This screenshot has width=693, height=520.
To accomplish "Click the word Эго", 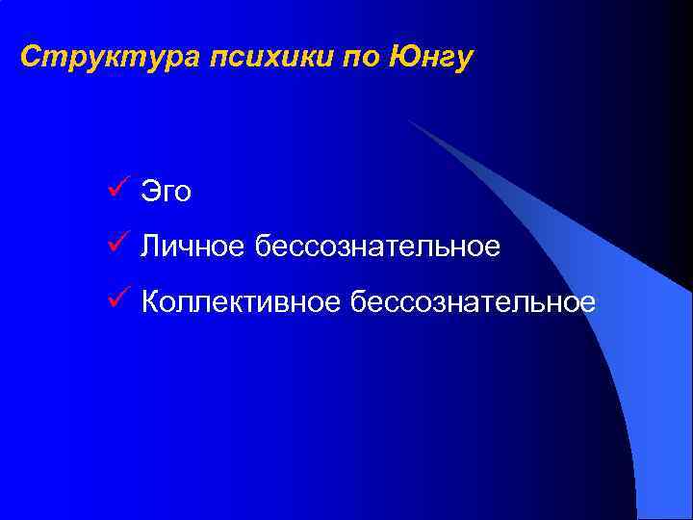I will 167,193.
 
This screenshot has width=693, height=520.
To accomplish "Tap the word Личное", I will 193,247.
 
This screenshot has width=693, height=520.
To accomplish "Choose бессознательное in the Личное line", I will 377,247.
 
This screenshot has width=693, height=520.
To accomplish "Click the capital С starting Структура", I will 31,57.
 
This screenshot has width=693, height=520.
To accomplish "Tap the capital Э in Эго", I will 150,192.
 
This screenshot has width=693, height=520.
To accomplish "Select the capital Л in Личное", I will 150,247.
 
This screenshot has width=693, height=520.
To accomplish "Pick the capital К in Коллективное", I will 151,302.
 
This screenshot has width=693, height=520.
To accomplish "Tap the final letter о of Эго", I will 183,195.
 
